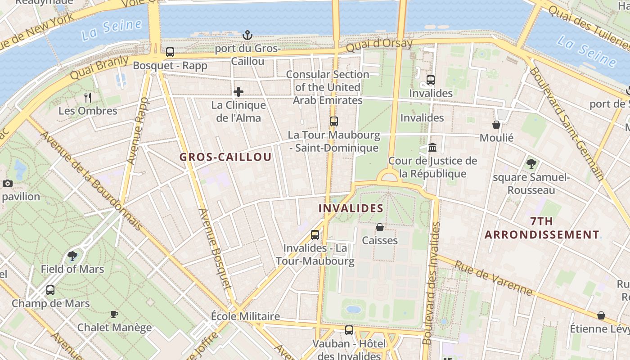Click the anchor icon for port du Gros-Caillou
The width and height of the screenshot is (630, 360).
[247, 35]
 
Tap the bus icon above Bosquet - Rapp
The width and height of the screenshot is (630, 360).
[170, 52]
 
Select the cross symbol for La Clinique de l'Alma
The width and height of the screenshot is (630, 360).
[238, 92]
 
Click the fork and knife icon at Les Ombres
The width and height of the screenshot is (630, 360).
[88, 97]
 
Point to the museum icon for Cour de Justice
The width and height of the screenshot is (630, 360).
[433, 147]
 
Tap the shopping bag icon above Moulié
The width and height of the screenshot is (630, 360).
[496, 124]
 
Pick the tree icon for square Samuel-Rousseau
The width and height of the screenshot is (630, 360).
[531, 164]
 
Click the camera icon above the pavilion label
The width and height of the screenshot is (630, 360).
[8, 183]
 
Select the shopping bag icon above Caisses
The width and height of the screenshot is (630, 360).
[380, 227]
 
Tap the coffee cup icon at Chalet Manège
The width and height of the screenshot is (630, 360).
[114, 314]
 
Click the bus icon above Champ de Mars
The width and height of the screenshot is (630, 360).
[50, 290]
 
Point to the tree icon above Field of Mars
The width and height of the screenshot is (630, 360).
[72, 256]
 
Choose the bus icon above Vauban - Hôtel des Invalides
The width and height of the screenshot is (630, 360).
[349, 330]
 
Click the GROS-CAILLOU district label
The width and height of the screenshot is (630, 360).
[225, 157]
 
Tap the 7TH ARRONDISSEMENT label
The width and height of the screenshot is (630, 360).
[542, 228]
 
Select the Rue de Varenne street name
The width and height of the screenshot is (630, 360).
[493, 278]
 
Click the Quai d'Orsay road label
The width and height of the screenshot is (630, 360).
[379, 45]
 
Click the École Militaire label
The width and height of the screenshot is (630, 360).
[245, 316]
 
